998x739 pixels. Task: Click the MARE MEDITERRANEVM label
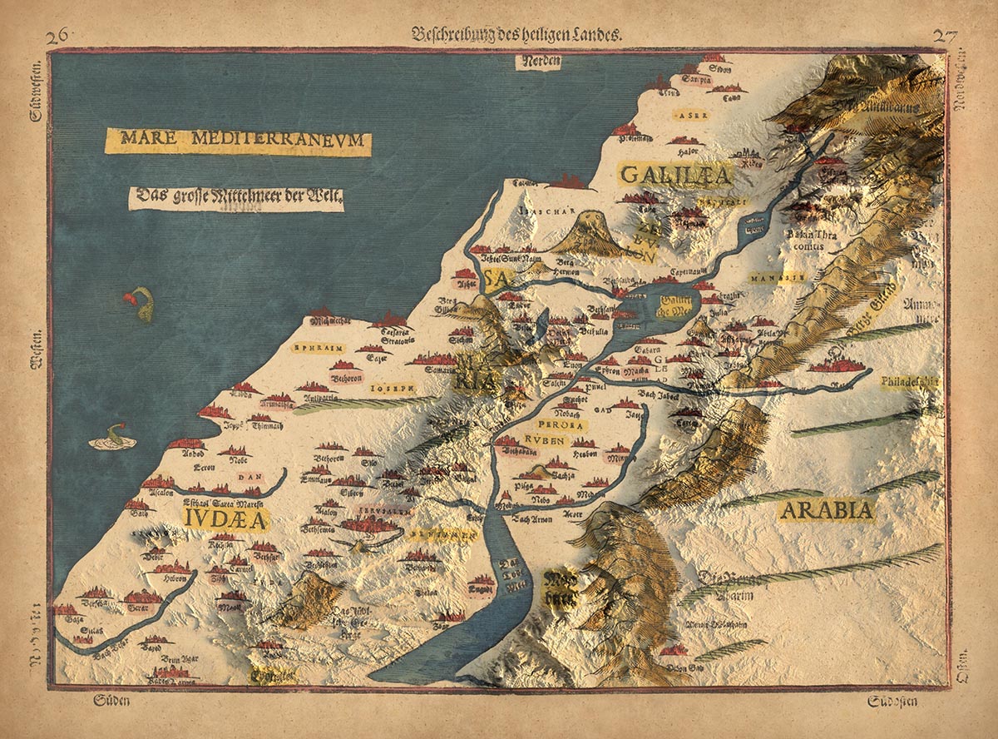[x=238, y=141]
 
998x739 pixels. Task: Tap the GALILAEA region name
[x=674, y=176]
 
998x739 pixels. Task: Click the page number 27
[x=945, y=35]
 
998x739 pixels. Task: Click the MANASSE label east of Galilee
[x=777, y=276]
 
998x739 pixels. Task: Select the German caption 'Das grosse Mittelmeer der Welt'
[x=236, y=198]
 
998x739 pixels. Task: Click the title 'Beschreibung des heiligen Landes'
[x=516, y=34]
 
